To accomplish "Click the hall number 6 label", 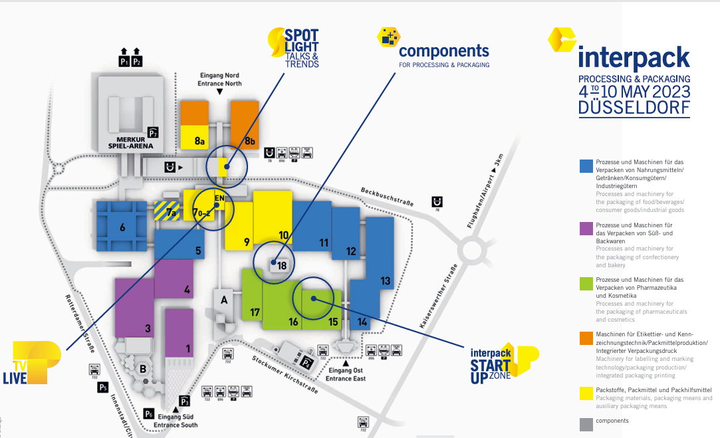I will click(122, 227).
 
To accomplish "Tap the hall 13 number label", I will click(385, 281).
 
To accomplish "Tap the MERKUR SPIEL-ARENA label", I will click(127, 142).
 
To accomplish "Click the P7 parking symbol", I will click(153, 131).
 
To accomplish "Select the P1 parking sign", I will click(124, 61).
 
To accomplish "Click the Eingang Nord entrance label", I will click(219, 79).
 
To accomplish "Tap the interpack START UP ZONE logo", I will click(503, 363).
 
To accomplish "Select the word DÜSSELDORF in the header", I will click(634, 108).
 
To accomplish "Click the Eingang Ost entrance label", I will click(345, 375).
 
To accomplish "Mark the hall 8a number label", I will click(199, 140).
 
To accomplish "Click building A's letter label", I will click(224, 300).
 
